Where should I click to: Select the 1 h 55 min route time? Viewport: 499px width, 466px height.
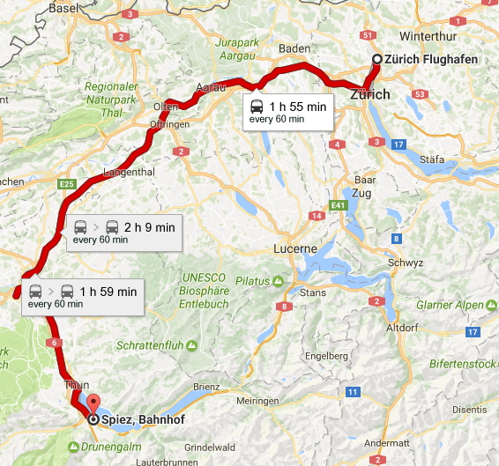pyautogui.click(x=290, y=105)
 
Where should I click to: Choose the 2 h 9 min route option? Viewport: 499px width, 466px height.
pyautogui.click(x=149, y=226)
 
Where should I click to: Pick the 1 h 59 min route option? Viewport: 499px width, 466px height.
pyautogui.click(x=108, y=291)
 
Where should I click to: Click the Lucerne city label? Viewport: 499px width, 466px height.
pyautogui.click(x=294, y=248)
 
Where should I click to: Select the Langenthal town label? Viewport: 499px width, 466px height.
pyautogui.click(x=128, y=172)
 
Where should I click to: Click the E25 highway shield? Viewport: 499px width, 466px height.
pyautogui.click(x=65, y=184)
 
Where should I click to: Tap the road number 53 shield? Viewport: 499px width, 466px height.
pyautogui.click(x=420, y=94)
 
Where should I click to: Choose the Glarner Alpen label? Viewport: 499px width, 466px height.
pyautogui.click(x=455, y=305)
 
